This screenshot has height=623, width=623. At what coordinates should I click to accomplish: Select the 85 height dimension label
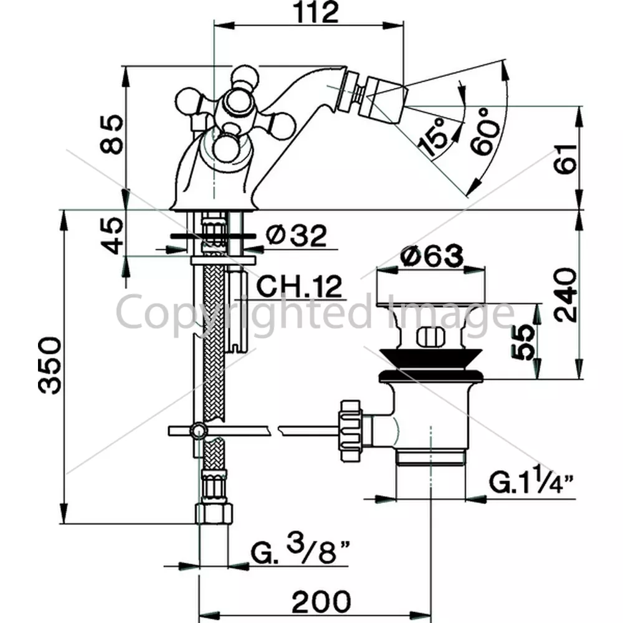click(x=112, y=134)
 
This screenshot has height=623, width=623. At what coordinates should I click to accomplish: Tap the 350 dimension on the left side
click(x=50, y=366)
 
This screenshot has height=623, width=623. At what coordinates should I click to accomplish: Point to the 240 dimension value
click(x=565, y=295)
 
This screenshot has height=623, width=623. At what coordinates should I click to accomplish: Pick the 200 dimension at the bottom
click(x=321, y=602)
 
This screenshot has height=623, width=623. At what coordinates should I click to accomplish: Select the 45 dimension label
click(x=112, y=235)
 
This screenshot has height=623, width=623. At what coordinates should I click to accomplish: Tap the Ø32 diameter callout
click(x=297, y=235)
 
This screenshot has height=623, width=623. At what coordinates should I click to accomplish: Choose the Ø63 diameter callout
click(x=432, y=256)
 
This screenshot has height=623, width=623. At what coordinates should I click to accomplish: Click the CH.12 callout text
click(x=299, y=286)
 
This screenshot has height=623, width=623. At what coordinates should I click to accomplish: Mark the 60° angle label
click(x=485, y=131)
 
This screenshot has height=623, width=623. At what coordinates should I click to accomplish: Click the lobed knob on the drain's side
click(x=351, y=430)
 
